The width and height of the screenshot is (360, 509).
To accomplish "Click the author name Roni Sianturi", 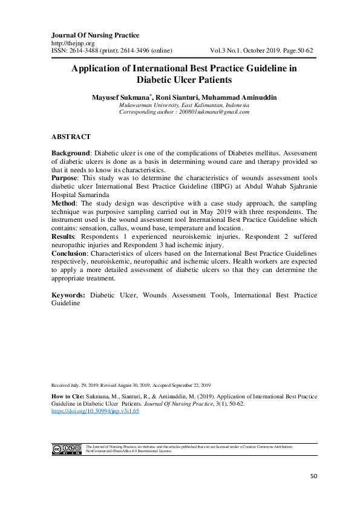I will point(174,97).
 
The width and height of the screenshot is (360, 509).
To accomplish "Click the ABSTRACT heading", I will point(71,137).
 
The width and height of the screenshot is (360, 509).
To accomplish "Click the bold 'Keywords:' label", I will point(69,295).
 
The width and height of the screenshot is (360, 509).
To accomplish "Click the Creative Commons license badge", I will point(67,449).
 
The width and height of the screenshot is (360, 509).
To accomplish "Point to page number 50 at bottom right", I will point(313,476).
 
